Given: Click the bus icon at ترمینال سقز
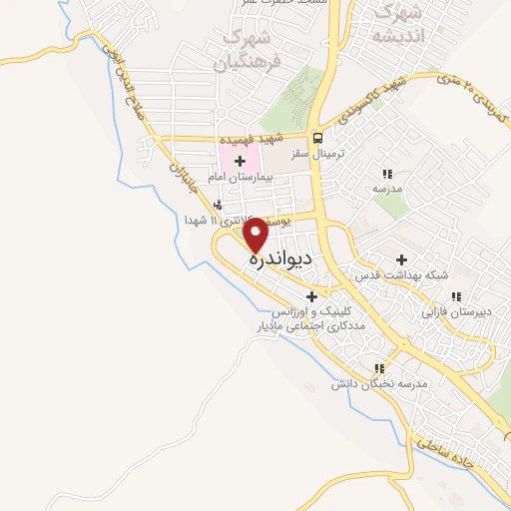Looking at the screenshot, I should click(x=317, y=139).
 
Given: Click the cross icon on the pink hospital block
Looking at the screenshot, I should click(x=240, y=160).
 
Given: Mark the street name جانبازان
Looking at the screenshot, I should click(x=182, y=184).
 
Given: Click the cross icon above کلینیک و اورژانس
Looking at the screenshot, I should click(x=312, y=296).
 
